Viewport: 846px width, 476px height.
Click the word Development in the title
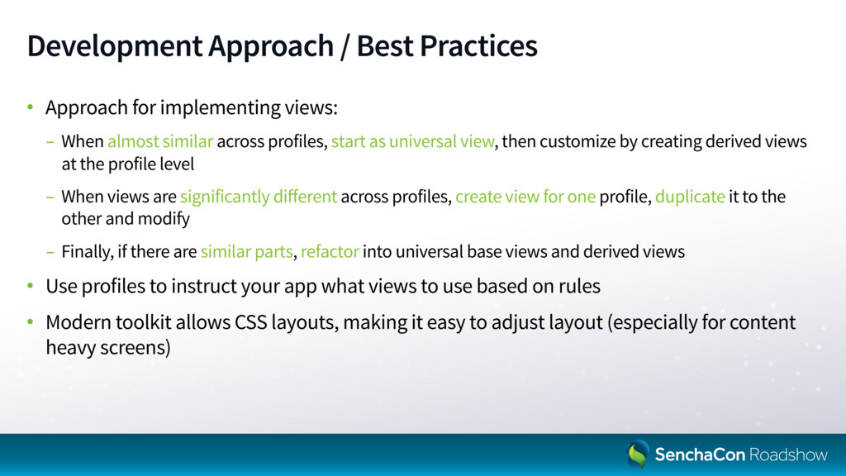point(115,46)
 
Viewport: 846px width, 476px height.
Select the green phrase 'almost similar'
point(160,141)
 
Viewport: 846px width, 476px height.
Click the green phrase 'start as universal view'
point(413,141)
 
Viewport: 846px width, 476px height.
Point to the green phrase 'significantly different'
point(259,197)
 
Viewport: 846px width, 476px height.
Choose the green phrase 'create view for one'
point(525,197)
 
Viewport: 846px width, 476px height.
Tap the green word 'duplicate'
point(690,197)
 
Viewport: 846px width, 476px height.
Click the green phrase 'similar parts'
point(246,252)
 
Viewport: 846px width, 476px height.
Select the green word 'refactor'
point(330,251)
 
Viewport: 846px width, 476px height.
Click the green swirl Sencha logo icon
point(637,454)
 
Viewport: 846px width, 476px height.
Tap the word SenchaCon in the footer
point(700,455)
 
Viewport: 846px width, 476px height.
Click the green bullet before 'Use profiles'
point(31,286)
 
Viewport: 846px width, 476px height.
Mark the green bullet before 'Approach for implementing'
point(31,107)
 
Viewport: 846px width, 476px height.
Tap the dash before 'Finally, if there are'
point(50,252)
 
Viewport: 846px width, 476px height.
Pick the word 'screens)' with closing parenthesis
point(141,348)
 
